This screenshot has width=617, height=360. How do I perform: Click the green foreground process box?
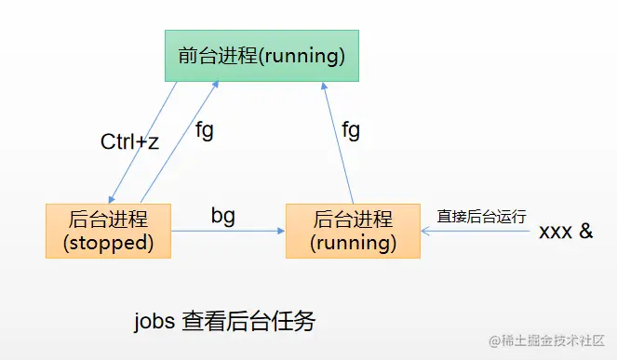pos(262,56)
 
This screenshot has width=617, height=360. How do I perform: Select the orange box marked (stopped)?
pos(108,230)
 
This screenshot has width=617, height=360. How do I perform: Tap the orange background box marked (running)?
pos(353,230)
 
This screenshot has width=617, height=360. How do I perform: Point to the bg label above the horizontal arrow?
pos(222,216)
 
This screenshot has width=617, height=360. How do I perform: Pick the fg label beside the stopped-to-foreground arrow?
pos(204,129)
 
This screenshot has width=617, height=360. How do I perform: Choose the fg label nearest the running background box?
pos(350,129)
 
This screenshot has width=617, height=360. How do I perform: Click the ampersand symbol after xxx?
pos(585,231)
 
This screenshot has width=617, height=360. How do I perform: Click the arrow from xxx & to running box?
pos(475,232)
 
